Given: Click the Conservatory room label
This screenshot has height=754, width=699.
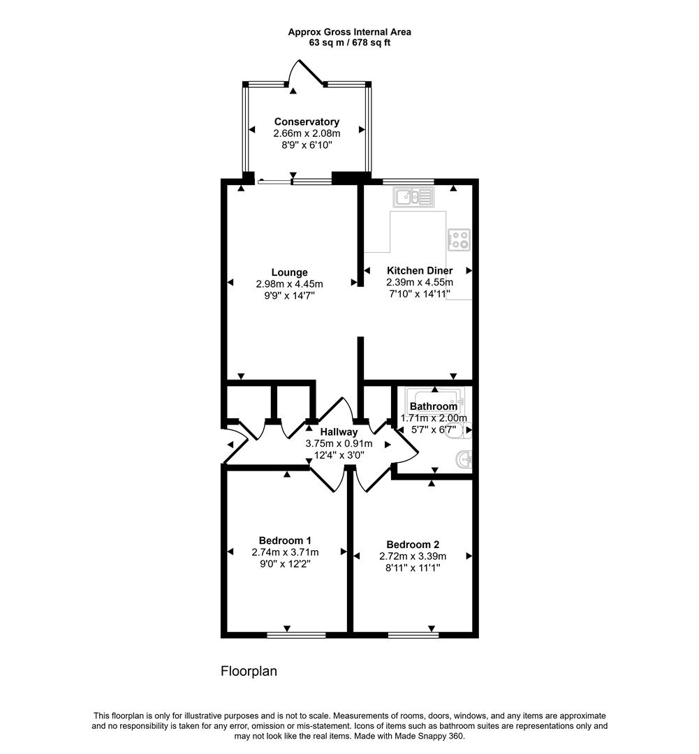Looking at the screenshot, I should (x=307, y=121).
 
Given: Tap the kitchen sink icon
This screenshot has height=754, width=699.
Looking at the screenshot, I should (x=414, y=198).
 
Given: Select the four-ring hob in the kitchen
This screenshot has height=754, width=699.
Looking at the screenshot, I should (x=458, y=241).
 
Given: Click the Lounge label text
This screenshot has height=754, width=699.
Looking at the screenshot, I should (x=290, y=272).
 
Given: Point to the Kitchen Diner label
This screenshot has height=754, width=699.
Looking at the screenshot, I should (x=420, y=270).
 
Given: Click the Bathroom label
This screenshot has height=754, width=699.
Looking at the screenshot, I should (x=434, y=406).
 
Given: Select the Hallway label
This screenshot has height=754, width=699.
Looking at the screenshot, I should (x=339, y=432).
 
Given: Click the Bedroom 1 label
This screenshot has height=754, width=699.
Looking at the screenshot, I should (x=285, y=540).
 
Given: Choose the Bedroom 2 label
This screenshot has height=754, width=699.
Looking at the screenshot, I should (x=413, y=545).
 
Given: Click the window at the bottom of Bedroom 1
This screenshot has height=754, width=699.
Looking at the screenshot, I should (x=296, y=635).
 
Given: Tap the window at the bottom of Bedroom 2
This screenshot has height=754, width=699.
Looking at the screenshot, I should (x=413, y=635).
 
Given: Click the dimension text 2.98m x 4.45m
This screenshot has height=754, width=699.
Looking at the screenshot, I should (x=290, y=283).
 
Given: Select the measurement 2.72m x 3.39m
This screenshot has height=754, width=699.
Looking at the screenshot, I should (x=413, y=556).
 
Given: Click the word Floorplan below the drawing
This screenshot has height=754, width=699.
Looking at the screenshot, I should (x=249, y=672).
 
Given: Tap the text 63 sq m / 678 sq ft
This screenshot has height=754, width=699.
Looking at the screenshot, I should (x=350, y=43).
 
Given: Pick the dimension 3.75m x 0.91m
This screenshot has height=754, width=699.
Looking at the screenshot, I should (x=339, y=443).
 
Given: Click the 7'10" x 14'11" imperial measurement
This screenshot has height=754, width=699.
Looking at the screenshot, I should (x=419, y=293).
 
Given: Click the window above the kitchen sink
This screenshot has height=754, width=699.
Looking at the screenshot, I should (x=408, y=182).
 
